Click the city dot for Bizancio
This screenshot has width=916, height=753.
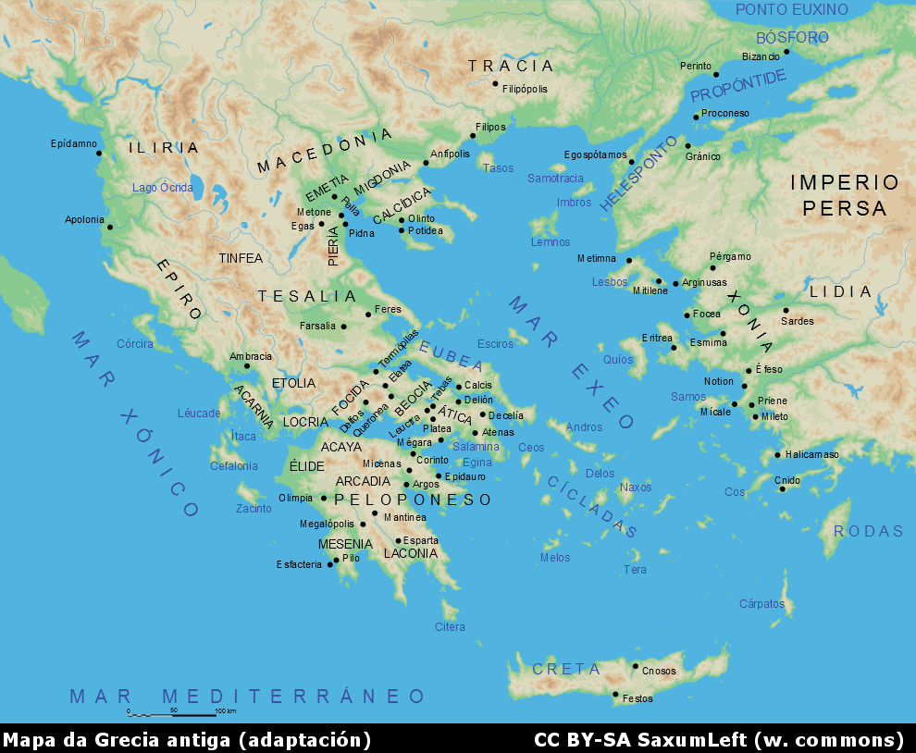click(x=786, y=52)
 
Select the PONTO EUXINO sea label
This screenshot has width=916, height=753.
click(x=791, y=10)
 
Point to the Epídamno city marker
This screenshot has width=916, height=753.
click(x=99, y=153)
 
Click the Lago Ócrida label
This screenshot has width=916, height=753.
click(x=162, y=188)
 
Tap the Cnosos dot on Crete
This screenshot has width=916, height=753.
click(x=635, y=666)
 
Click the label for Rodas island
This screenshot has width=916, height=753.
click(x=868, y=531)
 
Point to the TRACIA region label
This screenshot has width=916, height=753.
click(x=511, y=66)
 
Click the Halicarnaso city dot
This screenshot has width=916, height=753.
click(x=778, y=454)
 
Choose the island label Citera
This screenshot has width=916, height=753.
click(x=450, y=627)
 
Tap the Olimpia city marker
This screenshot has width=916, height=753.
click(x=324, y=499)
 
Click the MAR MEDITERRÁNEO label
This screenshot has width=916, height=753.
click(x=248, y=696)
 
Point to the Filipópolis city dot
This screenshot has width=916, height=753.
click(x=495, y=83)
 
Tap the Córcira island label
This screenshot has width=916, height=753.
click(x=135, y=344)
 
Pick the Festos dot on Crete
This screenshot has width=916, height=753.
click(x=615, y=695)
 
